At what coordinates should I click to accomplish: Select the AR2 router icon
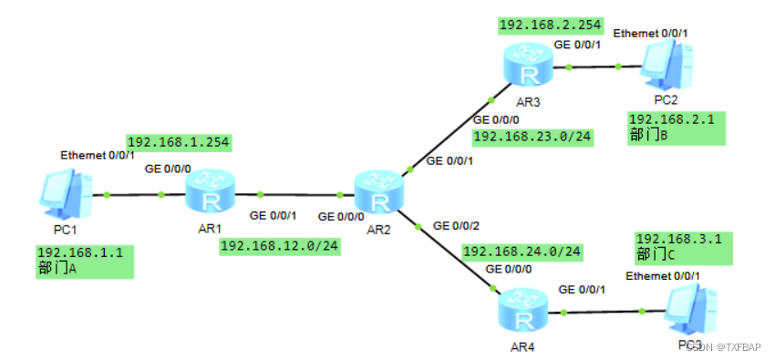pyautogui.click(x=381, y=193)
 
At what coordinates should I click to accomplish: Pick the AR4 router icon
pyautogui.click(x=524, y=312)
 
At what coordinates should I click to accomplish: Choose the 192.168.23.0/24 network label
pyautogui.click(x=532, y=137)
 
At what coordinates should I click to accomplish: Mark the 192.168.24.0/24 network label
pyautogui.click(x=522, y=252)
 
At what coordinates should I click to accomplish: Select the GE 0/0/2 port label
pyautogui.click(x=456, y=225)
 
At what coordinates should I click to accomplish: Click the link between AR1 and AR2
pyautogui.click(x=301, y=194)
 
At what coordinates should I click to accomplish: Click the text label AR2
pyautogui.click(x=380, y=230)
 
